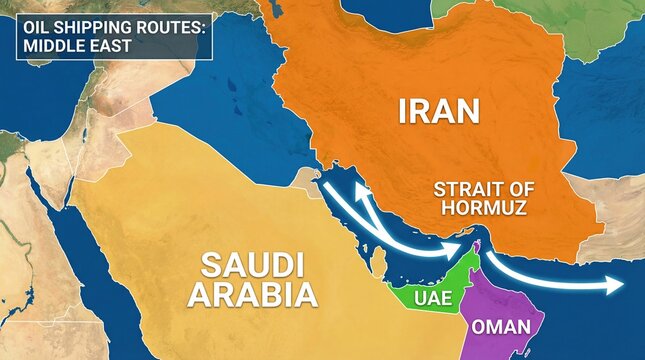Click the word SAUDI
tap(251, 266)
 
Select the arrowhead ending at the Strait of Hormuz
tap(463, 247)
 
